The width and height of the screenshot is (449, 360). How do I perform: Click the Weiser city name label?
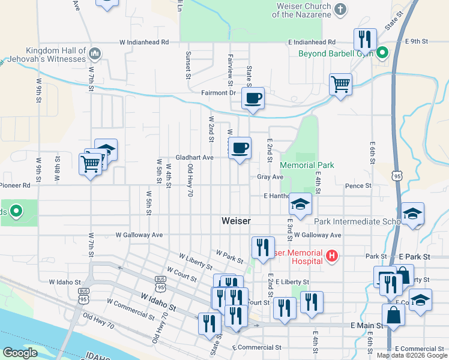coord(236,221)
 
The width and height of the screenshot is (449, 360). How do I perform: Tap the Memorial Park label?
coord(307,165)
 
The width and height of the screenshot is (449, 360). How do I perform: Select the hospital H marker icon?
coord(331,257)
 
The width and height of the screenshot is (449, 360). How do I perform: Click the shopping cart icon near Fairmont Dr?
coord(340,84)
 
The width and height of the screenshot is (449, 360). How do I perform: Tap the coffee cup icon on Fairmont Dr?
coord(253,98)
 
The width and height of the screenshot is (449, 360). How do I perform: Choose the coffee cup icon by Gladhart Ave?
coord(240,147)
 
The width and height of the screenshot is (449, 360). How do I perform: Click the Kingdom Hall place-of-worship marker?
coord(94,55)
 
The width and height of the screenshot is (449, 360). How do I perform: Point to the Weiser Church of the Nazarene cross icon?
coord(340,10)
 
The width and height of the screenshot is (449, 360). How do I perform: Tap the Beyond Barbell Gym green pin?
coord(381,53)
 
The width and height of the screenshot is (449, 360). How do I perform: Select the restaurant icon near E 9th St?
coord(364,40)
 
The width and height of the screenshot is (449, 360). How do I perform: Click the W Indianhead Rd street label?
coord(144,43)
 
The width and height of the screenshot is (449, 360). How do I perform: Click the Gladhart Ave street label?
coord(194,158)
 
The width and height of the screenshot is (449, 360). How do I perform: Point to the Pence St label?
coord(358,186)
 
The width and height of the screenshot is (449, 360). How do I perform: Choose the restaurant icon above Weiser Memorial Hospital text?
coord(262,247)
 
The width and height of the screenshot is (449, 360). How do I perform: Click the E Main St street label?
coord(366,325)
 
